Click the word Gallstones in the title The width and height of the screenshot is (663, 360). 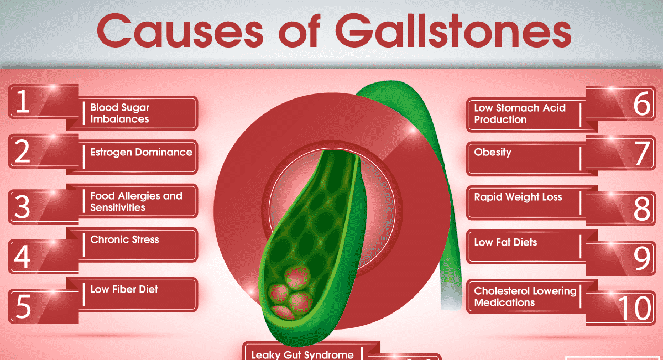453,31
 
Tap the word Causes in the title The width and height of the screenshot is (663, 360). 180,31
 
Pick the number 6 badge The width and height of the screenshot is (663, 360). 621,103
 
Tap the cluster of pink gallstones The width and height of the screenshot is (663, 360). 290,291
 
